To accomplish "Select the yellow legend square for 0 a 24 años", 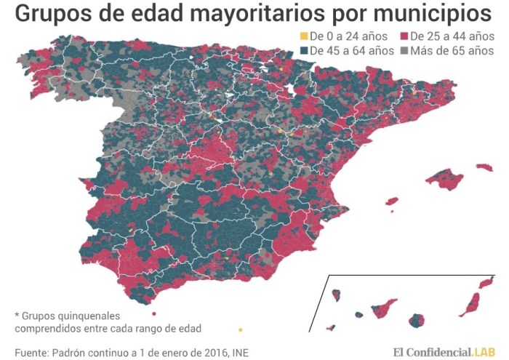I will (303, 36).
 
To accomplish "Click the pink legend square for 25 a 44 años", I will (404, 36).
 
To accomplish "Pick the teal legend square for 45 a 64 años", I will (303, 51).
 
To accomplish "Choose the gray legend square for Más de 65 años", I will (404, 51).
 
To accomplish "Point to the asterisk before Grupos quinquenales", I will (17, 315).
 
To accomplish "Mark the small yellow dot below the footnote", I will (241, 328).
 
